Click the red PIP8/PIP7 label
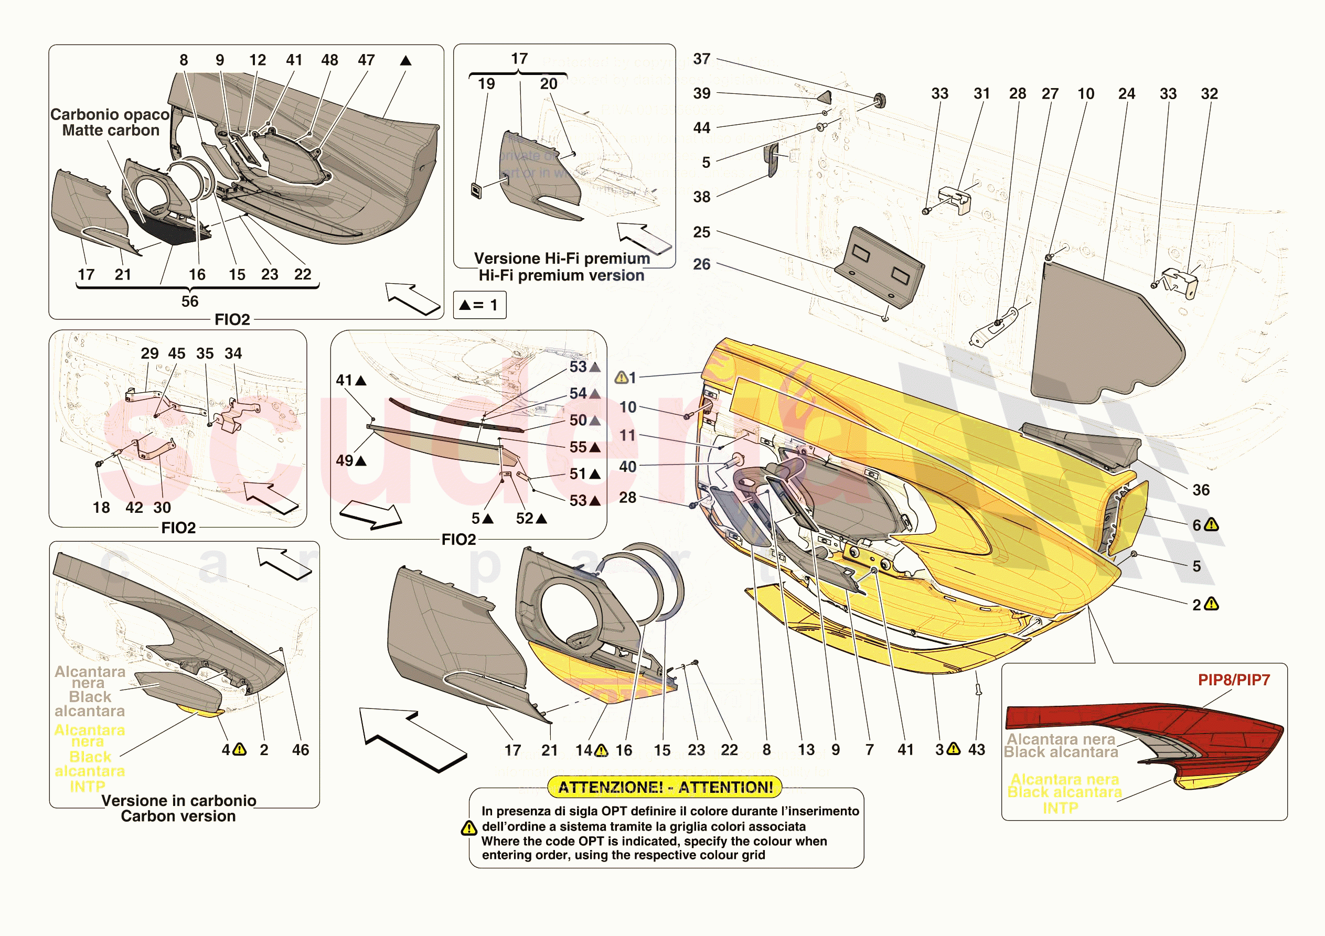pyautogui.click(x=1233, y=680)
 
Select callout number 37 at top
pyautogui.click(x=702, y=59)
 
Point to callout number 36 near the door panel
pyautogui.click(x=1201, y=490)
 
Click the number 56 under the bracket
pyautogui.click(x=190, y=301)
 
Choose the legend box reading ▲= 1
pyautogui.click(x=479, y=305)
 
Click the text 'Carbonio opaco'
pyautogui.click(x=110, y=114)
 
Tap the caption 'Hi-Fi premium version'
pyautogui.click(x=561, y=275)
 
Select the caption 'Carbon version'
pyautogui.click(x=178, y=816)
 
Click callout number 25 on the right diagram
pyautogui.click(x=702, y=232)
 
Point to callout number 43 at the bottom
pyautogui.click(x=976, y=750)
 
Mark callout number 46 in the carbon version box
pyautogui.click(x=300, y=750)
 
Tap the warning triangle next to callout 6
pyautogui.click(x=1212, y=524)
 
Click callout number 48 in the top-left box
pyautogui.click(x=329, y=60)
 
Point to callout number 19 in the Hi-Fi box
pyautogui.click(x=486, y=84)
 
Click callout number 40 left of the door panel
pyautogui.click(x=628, y=467)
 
